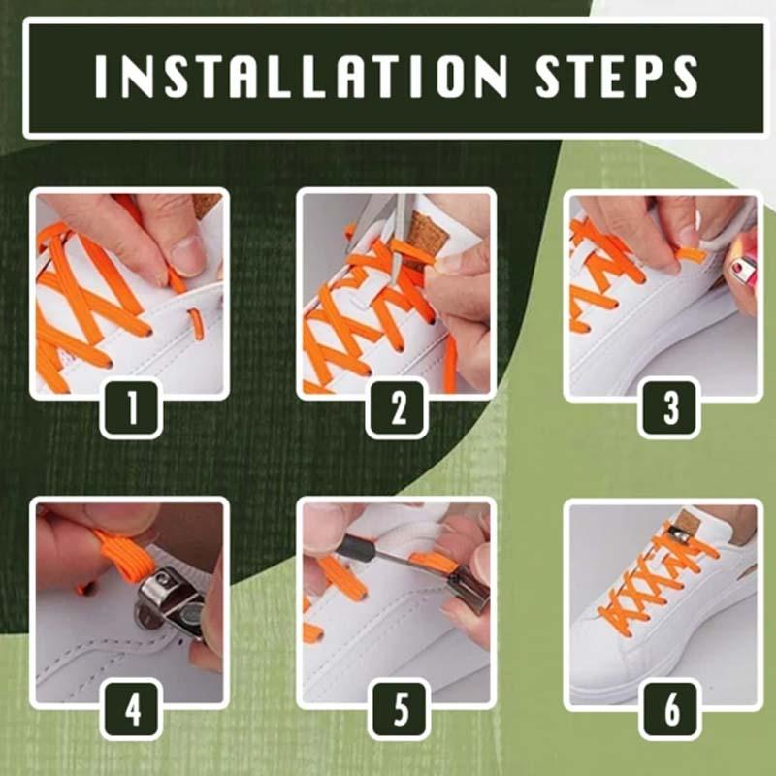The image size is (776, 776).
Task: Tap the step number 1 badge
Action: coord(132,409)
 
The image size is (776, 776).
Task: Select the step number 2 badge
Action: coord(398,409)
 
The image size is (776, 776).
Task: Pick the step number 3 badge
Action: coord(670,409)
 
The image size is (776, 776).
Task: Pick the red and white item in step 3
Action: coord(743,271)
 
